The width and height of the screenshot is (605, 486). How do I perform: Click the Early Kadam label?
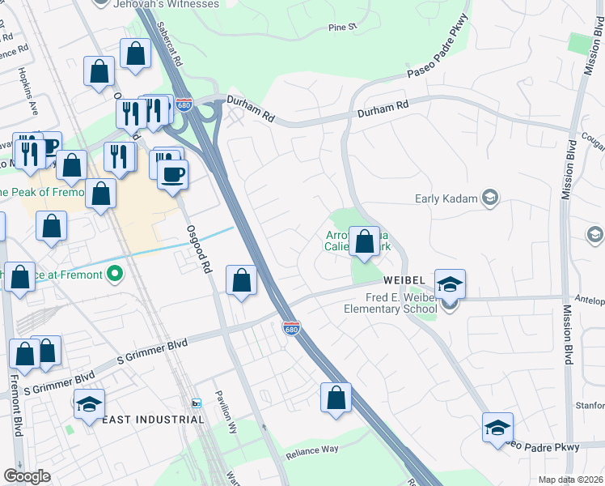447,198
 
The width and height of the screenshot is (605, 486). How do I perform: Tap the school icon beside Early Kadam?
489,198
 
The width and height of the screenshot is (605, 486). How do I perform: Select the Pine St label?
342,28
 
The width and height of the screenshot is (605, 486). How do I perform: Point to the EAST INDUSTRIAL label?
153,419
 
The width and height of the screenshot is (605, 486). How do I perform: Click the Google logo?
27,476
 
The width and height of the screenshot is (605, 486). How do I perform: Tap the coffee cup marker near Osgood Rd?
171,173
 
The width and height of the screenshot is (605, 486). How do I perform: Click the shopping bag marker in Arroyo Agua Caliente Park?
364,241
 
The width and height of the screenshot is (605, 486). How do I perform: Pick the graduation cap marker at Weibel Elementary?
450,283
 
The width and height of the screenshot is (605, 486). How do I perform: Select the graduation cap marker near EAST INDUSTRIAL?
89,403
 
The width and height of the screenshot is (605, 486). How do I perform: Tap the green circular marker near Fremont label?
115,275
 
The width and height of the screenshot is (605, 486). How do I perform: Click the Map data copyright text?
569,480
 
